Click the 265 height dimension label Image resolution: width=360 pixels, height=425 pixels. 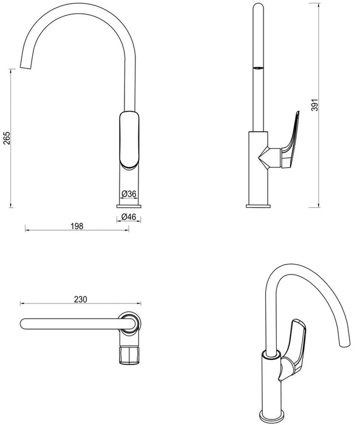(x=7, y=138)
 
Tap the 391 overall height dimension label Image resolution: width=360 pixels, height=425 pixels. (x=314, y=105)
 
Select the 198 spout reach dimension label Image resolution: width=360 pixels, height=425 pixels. (x=77, y=226)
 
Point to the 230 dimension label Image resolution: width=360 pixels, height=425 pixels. (x=81, y=299)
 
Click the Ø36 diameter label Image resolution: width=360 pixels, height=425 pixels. (x=129, y=194)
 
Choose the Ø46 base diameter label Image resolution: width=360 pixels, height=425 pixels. (x=129, y=217)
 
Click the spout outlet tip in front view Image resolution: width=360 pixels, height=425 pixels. (x=25, y=67)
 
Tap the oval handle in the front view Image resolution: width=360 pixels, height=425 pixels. (x=129, y=140)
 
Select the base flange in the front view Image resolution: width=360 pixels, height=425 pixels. (x=129, y=206)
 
